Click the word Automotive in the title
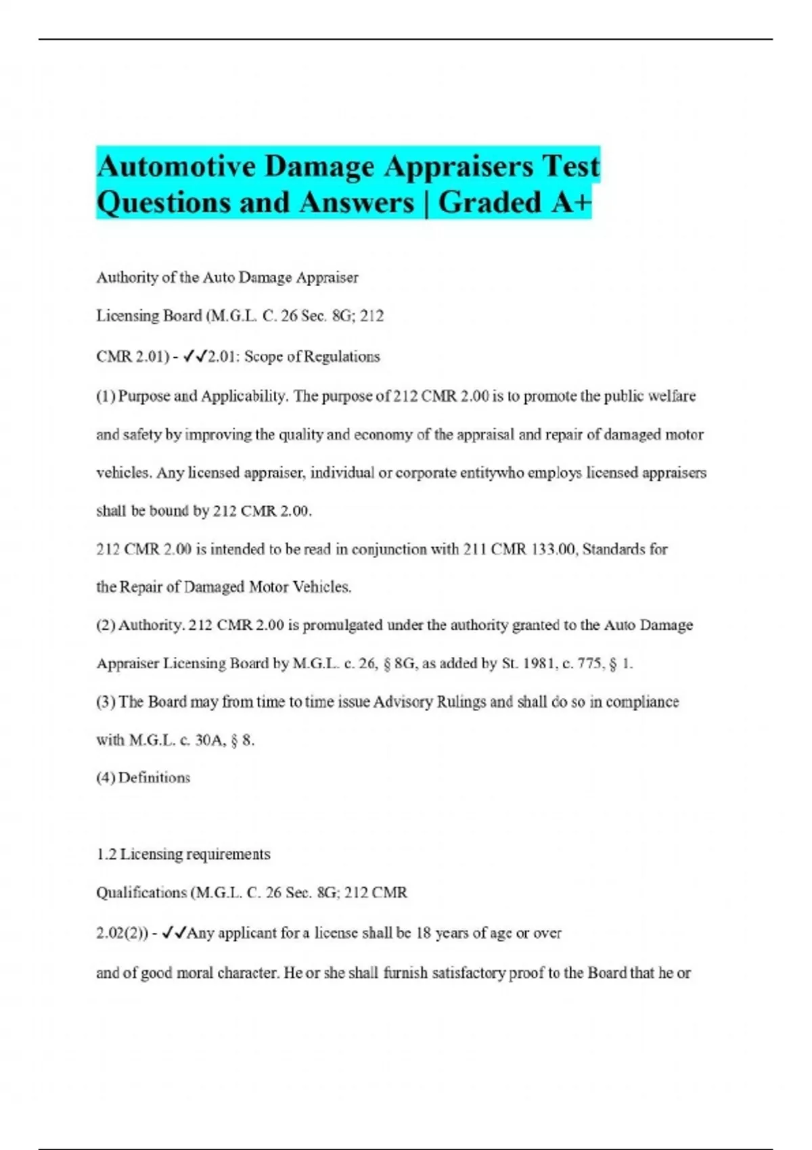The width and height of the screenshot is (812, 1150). click(175, 166)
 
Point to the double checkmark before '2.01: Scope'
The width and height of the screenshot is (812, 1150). click(195, 356)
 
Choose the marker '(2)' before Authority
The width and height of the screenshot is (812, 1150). click(106, 624)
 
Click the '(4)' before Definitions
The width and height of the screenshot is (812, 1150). click(106, 777)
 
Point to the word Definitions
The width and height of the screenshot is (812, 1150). click(154, 777)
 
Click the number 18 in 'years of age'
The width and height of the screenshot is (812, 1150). click(424, 933)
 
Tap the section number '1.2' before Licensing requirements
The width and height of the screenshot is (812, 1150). click(106, 854)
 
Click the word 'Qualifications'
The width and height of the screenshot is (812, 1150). click(141, 892)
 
